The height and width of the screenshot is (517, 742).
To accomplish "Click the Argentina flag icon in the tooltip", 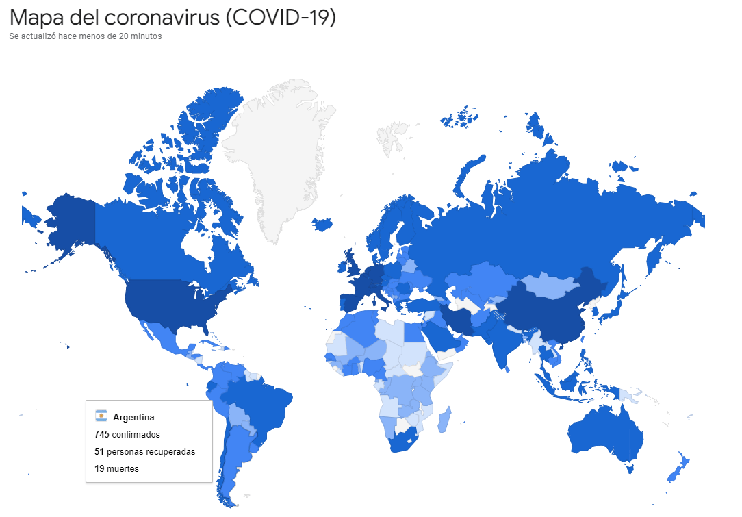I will [x=101, y=416].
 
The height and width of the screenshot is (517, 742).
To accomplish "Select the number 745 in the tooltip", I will [x=102, y=434].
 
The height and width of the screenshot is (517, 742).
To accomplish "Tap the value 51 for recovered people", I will [x=99, y=452].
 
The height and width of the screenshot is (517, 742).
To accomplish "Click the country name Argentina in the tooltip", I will [x=133, y=417].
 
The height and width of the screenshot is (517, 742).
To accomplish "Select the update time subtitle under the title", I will [x=86, y=36].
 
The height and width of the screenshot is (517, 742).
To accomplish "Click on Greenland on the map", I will [x=281, y=151].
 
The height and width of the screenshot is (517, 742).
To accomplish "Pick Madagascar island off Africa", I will [x=444, y=418].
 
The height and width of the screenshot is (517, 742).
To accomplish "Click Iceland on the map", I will [x=322, y=224].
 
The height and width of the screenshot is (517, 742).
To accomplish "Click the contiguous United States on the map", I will [x=171, y=301].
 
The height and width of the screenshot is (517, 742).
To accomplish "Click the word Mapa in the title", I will [x=38, y=17].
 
